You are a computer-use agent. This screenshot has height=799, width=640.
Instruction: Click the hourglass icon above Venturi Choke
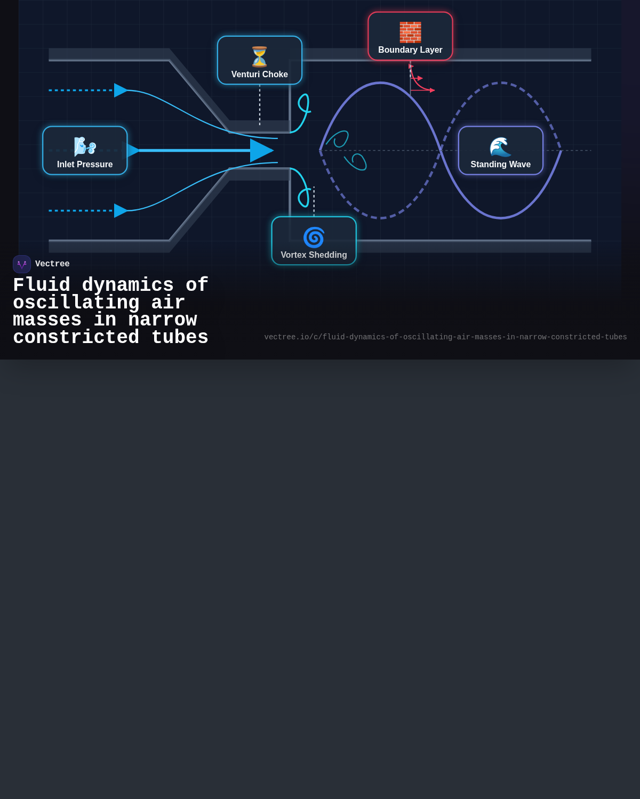click(x=260, y=56)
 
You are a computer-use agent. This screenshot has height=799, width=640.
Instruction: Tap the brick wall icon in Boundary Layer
click(x=410, y=32)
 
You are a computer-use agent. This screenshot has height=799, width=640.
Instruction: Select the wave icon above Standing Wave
click(x=501, y=146)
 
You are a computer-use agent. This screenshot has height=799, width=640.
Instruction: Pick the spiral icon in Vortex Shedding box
click(x=314, y=237)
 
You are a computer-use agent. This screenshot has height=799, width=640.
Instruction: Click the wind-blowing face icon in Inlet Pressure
click(x=85, y=146)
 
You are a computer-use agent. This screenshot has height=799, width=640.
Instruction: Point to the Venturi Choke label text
click(x=260, y=74)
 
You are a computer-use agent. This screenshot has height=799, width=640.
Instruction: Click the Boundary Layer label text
click(x=410, y=50)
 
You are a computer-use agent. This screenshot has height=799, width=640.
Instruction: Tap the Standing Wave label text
click(x=501, y=164)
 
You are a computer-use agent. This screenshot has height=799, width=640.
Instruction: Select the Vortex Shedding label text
click(x=314, y=255)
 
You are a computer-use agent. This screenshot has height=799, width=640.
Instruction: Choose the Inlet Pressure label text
click(x=85, y=164)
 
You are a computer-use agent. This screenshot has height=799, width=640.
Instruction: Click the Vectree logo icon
click(x=22, y=264)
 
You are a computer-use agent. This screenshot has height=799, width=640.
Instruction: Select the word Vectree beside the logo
click(x=52, y=264)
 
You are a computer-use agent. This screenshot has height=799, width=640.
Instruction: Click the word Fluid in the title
click(x=42, y=285)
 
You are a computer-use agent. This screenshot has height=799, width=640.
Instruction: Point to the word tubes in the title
click(x=180, y=338)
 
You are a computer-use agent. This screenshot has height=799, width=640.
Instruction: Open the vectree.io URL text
click(x=445, y=337)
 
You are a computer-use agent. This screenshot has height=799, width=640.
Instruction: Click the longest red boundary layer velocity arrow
click(x=423, y=90)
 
